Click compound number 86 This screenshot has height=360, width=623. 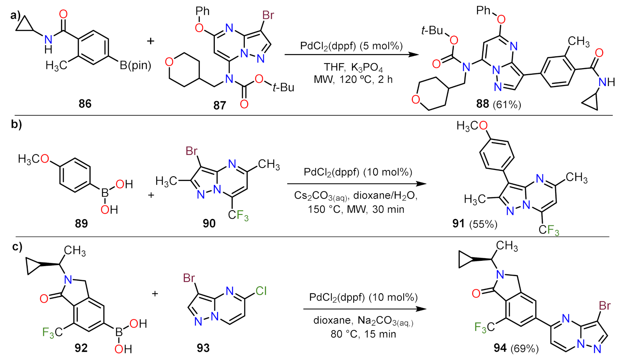coord(85,104)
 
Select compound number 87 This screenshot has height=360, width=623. coord(219,105)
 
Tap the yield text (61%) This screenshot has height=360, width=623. coord(507,105)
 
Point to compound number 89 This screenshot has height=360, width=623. coord(81,224)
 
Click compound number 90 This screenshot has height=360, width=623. coord(209,224)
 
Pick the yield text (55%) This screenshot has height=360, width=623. coord(483,224)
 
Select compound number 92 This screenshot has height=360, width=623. coord(81,348)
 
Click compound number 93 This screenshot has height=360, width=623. coord(203,348)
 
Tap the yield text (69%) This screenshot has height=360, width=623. coord(524,348)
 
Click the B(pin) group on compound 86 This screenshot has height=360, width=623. coord(135,66)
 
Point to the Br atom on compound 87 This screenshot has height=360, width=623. coord(268,15)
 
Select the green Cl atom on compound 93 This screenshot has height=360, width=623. coord(261,291)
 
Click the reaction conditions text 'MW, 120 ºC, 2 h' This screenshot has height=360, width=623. coord(353,79)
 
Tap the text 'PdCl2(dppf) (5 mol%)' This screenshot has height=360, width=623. coord(351,46)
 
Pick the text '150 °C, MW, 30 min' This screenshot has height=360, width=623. coord(356,209)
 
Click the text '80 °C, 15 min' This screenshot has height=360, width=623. coord(363,334)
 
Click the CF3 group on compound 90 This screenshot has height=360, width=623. coord(238,216)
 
